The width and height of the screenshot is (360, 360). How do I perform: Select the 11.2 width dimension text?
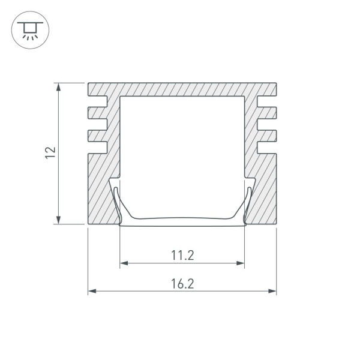pyautogui.click(x=182, y=255)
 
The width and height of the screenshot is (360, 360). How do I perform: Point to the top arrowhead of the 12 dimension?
pyautogui.click(x=59, y=86)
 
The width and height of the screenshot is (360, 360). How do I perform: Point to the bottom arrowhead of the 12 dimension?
pyautogui.click(x=59, y=220)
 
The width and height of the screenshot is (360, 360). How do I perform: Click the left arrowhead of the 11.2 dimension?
pyautogui.click(x=124, y=263)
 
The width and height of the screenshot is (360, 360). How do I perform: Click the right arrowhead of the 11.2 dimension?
pyautogui.click(x=241, y=263)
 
